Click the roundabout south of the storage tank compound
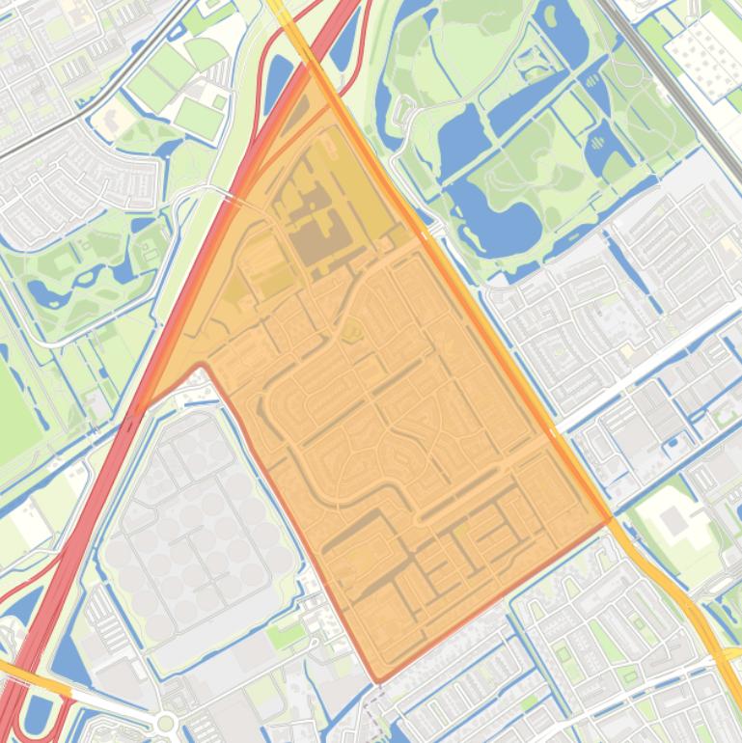[166, 722]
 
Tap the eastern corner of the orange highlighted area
[610, 519]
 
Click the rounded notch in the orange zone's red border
[200, 368]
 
